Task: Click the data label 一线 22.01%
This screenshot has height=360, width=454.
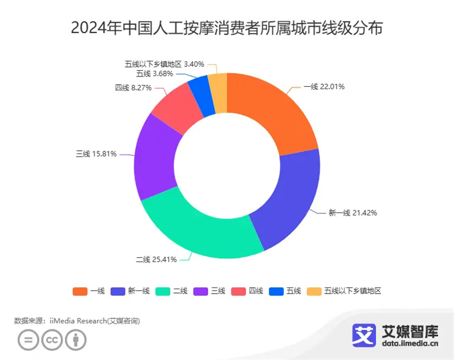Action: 324,87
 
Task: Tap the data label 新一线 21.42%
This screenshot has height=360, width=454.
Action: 352,213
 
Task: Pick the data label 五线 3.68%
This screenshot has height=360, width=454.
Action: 154,74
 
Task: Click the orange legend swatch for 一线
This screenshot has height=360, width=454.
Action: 80,291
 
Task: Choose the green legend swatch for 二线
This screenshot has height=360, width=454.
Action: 164,291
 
